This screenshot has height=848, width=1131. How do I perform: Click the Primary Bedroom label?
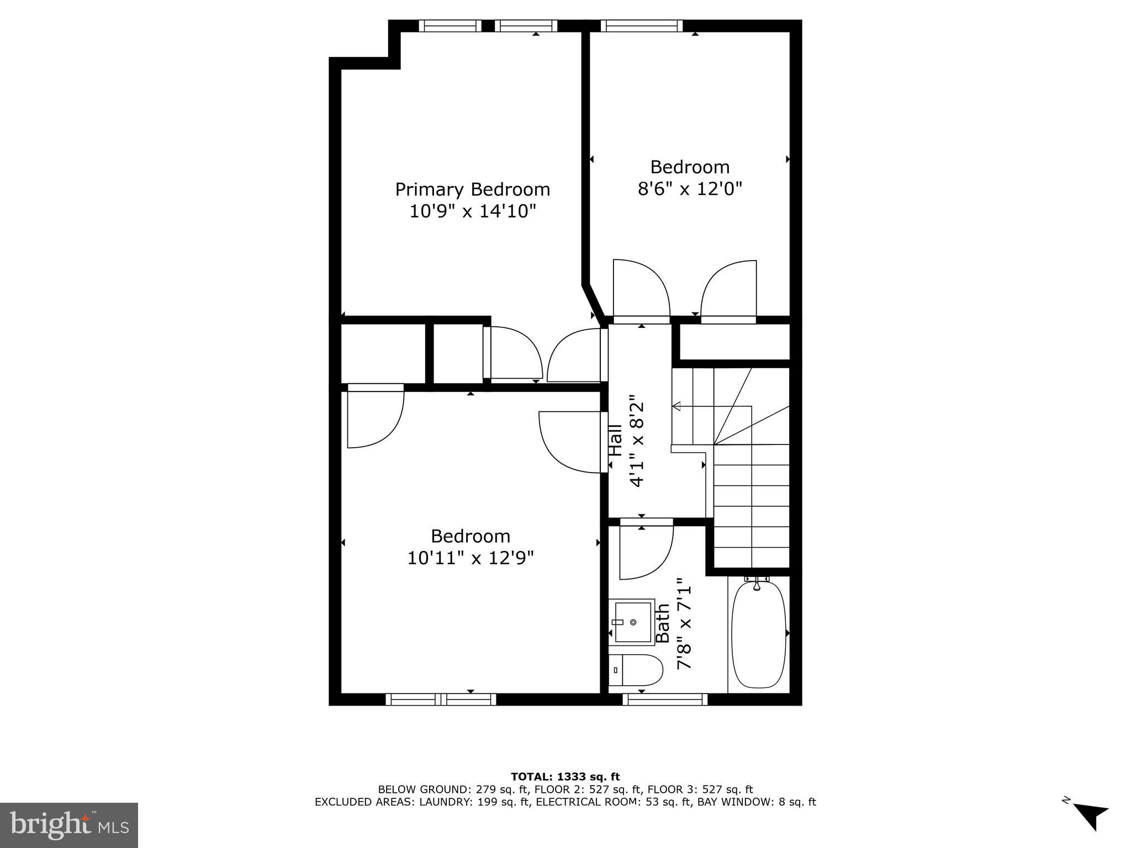(x=472, y=189)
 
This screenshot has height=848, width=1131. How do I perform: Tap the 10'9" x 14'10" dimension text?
(x=472, y=211)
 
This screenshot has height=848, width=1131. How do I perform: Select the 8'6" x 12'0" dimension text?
(x=689, y=189)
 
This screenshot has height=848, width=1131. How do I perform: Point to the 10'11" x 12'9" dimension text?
(x=471, y=558)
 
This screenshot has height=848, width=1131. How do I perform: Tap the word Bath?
(x=662, y=623)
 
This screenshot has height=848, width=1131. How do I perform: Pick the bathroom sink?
(x=633, y=622)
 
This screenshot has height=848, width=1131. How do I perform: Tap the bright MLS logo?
(x=68, y=825)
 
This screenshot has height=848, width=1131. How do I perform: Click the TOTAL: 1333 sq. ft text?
(x=565, y=777)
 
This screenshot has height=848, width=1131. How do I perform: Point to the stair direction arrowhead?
(x=675, y=407)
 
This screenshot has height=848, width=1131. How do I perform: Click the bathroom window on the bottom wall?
(x=665, y=699)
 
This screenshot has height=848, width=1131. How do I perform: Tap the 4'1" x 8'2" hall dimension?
(x=637, y=441)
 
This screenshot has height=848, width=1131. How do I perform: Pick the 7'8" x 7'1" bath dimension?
(x=684, y=623)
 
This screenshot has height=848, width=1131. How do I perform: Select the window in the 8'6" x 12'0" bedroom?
(x=642, y=26)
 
